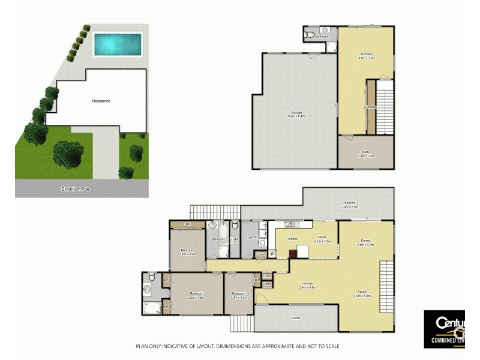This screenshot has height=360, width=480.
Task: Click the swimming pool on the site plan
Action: tap(118, 44)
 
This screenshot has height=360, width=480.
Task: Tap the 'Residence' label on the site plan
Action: tap(101, 101)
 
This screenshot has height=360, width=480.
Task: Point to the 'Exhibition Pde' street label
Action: tap(76, 189)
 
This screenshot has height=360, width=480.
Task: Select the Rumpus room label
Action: tap(367, 56)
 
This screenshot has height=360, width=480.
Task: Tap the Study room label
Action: tap(366, 154)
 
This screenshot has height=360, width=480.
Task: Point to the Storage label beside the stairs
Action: tap(371, 107)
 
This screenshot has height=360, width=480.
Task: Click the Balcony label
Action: tap(350, 205)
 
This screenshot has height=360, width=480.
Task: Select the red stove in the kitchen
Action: tap(293, 253)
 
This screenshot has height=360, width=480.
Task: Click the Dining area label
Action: tap(365, 242)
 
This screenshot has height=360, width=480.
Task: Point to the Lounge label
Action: tap(307, 286)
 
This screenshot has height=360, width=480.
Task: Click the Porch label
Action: tap(295, 319)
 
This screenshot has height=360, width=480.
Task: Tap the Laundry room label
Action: tap(253, 238)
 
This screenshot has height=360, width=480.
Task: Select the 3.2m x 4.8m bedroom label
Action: tap(196, 296)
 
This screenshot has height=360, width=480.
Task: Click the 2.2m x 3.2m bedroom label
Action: tap(239, 296)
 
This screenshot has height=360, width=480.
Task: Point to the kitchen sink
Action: tap(290, 225)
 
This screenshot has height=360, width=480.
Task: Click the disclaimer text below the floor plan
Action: tap(237, 346)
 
